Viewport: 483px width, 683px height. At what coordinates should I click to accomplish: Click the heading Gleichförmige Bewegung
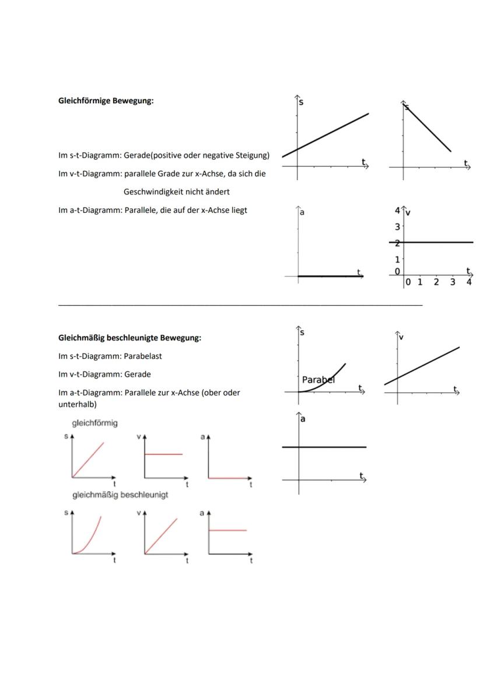tap(106, 100)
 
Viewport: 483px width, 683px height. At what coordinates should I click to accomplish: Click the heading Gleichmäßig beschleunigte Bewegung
tap(129, 337)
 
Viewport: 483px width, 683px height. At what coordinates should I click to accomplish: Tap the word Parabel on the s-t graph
tap(318, 379)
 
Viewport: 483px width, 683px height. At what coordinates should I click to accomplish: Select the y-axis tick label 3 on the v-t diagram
tap(397, 226)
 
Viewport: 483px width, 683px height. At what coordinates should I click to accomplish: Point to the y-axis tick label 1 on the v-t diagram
tap(397, 259)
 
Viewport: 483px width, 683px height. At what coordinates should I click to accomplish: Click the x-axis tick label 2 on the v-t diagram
tap(436, 282)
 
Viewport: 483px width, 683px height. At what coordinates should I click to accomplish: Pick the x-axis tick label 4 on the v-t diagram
tap(468, 282)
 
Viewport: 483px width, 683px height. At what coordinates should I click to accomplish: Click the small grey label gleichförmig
tap(94, 423)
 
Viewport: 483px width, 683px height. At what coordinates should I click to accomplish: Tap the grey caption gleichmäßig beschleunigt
tap(120, 495)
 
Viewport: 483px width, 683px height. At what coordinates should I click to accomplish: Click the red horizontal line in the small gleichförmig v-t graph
tap(163, 454)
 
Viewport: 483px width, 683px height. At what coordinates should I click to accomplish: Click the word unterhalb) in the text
tap(78, 404)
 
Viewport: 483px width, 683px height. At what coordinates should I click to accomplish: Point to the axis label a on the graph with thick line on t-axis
tap(302, 212)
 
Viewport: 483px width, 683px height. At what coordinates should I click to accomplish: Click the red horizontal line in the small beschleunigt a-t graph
tap(228, 530)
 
